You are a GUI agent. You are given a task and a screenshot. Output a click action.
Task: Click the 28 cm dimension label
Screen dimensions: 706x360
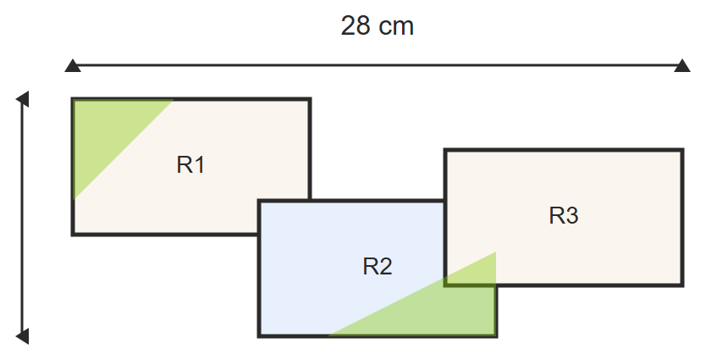pos(377,26)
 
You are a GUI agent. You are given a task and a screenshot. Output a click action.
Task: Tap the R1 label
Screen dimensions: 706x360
pos(191,165)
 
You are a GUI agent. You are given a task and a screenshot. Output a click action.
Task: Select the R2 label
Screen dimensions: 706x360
pos(378,266)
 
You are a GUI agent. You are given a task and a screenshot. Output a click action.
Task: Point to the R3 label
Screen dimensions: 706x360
pos(564,215)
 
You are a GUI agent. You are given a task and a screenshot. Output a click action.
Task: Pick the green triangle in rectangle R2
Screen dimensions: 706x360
pos(441,307)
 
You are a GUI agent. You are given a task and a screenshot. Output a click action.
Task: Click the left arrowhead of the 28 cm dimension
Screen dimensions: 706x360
pos(73,66)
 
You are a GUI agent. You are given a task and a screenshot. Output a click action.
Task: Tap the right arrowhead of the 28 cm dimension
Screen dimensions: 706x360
pos(682,66)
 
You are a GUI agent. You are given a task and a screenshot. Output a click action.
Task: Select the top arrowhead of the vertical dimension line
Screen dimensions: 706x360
pos(23,99)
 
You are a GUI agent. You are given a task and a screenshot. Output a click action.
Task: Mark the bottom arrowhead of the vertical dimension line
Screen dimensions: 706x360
pos(23,336)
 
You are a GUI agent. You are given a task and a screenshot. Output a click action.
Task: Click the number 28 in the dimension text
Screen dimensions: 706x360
pos(356,26)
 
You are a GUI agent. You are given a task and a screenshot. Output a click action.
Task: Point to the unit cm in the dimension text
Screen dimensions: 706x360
pos(396,28)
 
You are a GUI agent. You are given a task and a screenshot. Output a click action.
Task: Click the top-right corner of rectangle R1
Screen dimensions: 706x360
pos(310,98)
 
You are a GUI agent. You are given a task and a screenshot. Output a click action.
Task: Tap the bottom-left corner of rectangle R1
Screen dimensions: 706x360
pos(73,235)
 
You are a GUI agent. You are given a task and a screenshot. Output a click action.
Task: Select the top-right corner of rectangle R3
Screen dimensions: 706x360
pos(683,150)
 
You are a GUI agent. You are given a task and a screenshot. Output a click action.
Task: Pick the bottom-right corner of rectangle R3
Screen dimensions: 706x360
pos(683,285)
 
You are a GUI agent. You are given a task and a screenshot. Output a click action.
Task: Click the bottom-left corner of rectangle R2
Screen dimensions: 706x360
pos(259,336)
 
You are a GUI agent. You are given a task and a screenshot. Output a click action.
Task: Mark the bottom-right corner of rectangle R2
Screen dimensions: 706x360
pos(497,336)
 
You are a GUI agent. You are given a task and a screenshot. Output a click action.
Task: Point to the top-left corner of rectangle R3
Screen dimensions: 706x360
pos(445,150)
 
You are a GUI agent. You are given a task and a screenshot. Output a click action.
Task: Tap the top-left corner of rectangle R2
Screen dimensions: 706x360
pos(259,201)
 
